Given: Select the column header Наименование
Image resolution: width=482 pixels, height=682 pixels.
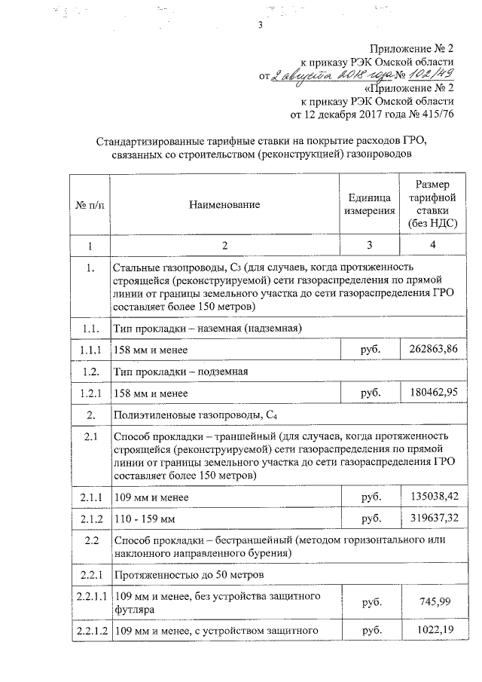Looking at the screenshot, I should click(224, 205).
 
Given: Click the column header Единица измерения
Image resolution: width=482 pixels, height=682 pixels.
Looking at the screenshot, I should click(370, 205).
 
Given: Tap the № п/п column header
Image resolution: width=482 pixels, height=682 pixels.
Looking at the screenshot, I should click(90, 205).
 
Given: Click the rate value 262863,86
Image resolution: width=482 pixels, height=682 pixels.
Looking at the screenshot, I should click(432, 350).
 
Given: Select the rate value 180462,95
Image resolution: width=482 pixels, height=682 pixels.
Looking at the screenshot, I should click(432, 393).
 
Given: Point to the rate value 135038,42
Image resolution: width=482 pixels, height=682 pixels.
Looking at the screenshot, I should click(432, 497).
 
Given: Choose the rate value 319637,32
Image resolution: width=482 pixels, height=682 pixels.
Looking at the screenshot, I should click(432, 518).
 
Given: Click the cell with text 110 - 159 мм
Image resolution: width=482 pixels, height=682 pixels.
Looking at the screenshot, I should click(144, 519).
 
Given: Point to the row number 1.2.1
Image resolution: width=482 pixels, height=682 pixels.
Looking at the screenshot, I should click(90, 393).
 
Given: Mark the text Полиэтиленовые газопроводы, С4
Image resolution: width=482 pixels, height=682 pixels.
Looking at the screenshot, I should click(197, 414).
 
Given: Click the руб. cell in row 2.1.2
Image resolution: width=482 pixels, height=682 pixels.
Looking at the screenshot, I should click(370, 518).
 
